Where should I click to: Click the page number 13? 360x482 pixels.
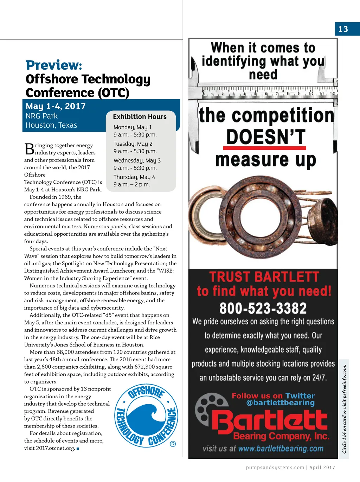click(343, 29)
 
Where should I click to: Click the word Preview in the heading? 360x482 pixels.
click(53, 65)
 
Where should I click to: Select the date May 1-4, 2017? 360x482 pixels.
click(56, 106)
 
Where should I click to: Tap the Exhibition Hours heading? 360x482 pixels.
click(140, 117)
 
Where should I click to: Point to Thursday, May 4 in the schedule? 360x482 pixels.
click(134, 177)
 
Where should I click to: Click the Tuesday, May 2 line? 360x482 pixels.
click(133, 144)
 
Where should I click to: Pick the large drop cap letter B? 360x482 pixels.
click(29, 149)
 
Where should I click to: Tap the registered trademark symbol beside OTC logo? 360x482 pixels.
click(173, 444)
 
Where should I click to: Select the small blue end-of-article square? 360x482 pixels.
click(78, 449)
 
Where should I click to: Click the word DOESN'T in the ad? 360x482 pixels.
click(266, 137)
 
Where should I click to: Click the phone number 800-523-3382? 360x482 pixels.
click(263, 308)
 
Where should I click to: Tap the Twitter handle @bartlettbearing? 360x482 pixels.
click(280, 403)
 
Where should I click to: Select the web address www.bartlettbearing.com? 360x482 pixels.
click(281, 449)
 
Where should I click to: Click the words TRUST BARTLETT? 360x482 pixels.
click(264, 277)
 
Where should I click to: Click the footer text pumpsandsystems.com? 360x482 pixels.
click(275, 468)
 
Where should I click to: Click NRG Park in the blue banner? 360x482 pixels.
click(41, 116)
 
